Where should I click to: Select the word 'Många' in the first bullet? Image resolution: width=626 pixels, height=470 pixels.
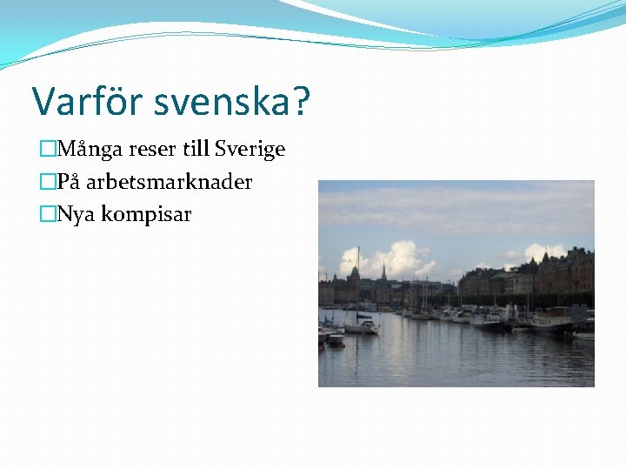pyautogui.click(x=90, y=150)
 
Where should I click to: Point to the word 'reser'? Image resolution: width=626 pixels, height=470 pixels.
pyautogui.click(x=153, y=150)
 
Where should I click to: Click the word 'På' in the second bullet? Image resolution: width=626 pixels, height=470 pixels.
pyautogui.click(x=69, y=182)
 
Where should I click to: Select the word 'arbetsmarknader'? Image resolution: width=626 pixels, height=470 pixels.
pyautogui.click(x=169, y=182)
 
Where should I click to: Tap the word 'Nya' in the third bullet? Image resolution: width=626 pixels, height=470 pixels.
pyautogui.click(x=77, y=214)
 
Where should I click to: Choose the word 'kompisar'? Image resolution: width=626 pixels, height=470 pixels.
pyautogui.click(x=146, y=214)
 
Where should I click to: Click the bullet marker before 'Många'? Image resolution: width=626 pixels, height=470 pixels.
pyautogui.click(x=47, y=150)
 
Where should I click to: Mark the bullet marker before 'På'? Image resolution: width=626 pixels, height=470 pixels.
pyautogui.click(x=47, y=182)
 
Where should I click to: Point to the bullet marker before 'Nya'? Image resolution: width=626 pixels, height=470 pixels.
pyautogui.click(x=47, y=214)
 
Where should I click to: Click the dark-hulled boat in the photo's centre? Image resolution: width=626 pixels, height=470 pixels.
pyautogui.click(x=490, y=326)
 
